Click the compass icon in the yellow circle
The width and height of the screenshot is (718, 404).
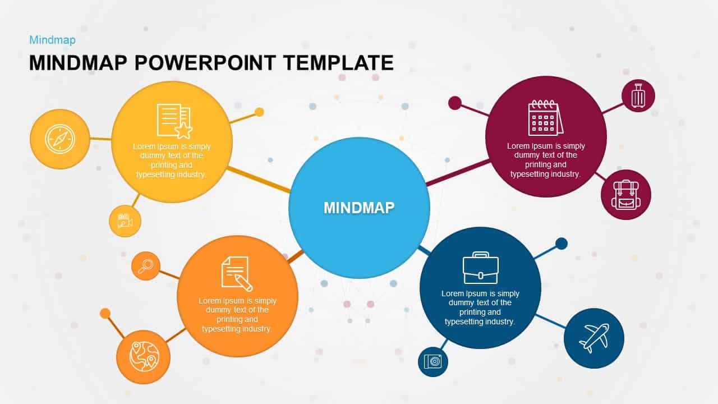point(59,139)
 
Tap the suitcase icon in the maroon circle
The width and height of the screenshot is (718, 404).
point(638,95)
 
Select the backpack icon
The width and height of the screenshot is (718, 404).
point(625,195)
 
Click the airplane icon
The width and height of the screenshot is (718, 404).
point(593,338)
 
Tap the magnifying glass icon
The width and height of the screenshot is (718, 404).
point(146,265)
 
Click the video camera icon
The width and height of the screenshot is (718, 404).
point(125,221)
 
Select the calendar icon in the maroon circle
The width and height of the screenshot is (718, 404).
point(545,118)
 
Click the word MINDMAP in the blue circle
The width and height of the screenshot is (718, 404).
point(359,208)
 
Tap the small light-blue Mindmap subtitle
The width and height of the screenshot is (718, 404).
point(52,40)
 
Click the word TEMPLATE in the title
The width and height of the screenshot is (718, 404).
point(338,63)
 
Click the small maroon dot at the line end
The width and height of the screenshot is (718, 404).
point(455,103)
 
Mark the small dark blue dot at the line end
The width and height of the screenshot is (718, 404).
point(561,244)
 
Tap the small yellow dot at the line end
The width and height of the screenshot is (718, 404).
point(259,112)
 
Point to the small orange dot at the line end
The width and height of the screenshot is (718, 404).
point(105,313)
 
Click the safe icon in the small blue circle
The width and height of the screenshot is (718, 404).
point(432,361)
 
